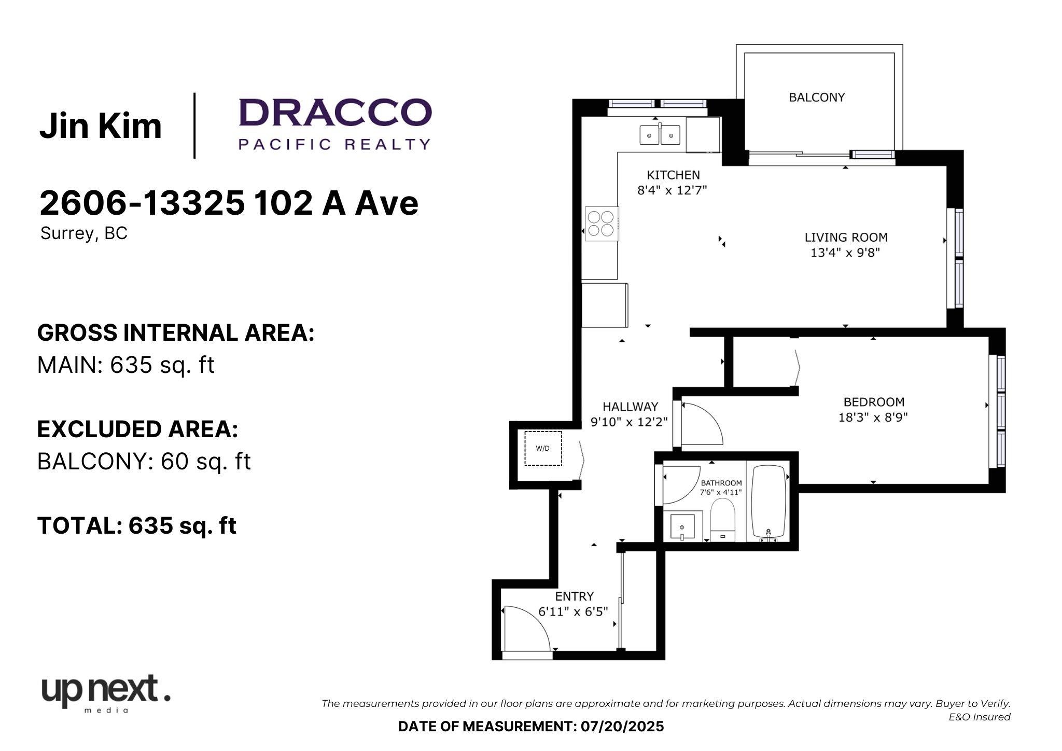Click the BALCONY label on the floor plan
pos(817,97)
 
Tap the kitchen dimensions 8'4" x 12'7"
pos(672,190)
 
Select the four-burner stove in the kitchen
pos(602,224)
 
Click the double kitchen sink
pos(660,135)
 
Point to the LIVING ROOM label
pos(846,238)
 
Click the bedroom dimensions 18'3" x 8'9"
pos(873,417)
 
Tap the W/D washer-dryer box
pos(543,448)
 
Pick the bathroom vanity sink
pos(682,527)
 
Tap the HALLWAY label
pos(630,407)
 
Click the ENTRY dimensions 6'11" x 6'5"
pos(573,612)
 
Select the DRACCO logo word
pos(335,113)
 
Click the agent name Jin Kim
pos(101,126)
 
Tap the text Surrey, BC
pos(84,233)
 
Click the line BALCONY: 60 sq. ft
pos(144,461)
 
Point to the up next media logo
pos(106,693)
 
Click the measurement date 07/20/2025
pos(622,726)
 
